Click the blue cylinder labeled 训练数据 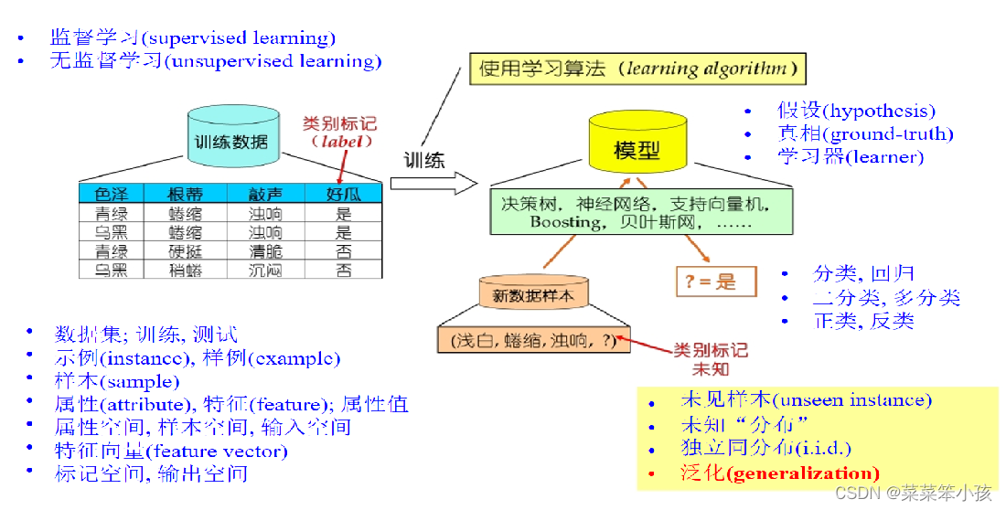coord(231,141)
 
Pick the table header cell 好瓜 coord(343,194)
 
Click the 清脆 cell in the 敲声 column coord(265,251)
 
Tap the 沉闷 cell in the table coord(265,271)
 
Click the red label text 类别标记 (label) coord(339,133)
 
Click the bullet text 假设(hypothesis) coord(856,111)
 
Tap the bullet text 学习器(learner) coord(851,156)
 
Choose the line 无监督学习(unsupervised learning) coord(216,61)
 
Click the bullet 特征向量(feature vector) coord(171,451)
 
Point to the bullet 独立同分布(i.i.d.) coord(766,449)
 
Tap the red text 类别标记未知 coord(711,359)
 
